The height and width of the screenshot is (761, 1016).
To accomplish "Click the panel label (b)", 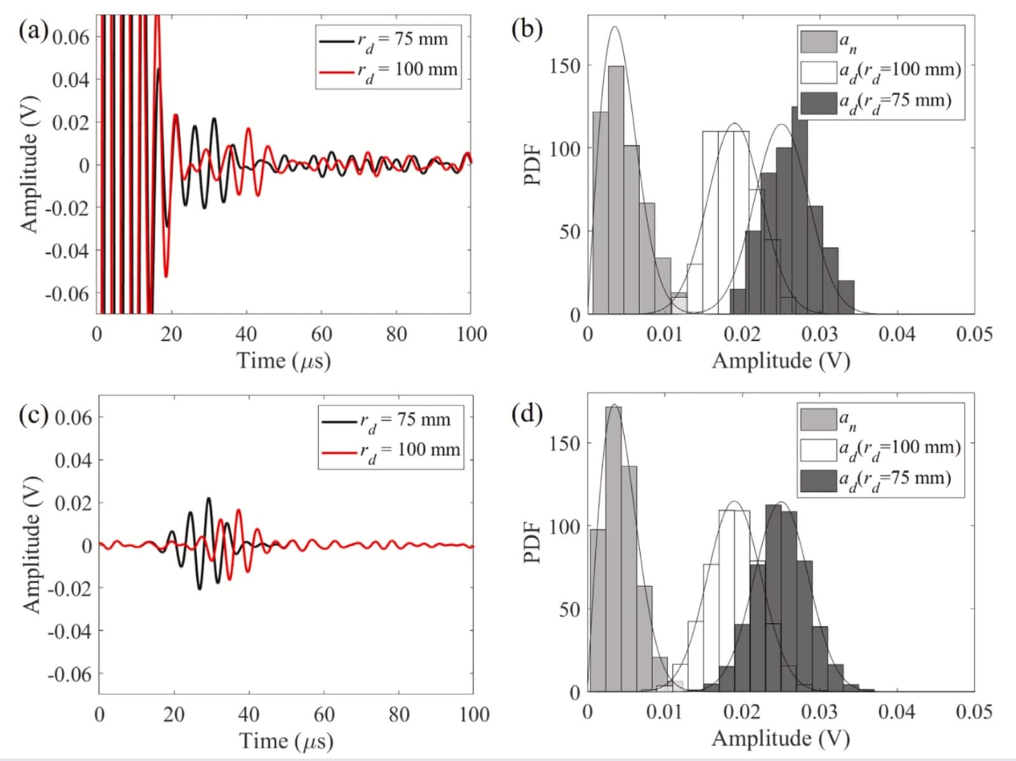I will pos(527,29).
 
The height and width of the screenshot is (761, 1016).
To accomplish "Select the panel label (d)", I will pos(527,414).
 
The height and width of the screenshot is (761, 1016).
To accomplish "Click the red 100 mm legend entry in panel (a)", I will pos(389,70).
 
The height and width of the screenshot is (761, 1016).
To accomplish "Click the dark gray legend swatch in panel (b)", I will pos(818,102).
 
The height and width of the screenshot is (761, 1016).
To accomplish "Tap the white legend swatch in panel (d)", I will pos(818,449).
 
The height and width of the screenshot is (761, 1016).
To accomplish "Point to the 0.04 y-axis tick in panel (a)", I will pos(70,80).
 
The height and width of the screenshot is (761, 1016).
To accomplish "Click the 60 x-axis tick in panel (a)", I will pos(321,334).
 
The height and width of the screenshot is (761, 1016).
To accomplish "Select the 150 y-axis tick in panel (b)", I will pos(565,66).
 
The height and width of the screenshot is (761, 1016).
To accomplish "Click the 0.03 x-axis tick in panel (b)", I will pos(819,334).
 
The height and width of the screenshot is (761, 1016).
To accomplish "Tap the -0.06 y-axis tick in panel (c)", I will pos(70,674).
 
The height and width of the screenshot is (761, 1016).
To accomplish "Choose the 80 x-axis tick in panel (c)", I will pos(399,715).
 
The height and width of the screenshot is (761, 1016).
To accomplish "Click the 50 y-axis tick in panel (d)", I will pos(569,610).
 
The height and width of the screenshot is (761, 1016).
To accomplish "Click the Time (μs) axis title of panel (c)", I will pos(286,741).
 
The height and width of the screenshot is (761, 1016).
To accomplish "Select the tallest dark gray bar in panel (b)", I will pos(799,209).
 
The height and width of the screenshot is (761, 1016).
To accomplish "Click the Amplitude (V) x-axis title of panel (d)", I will pos(780,738).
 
